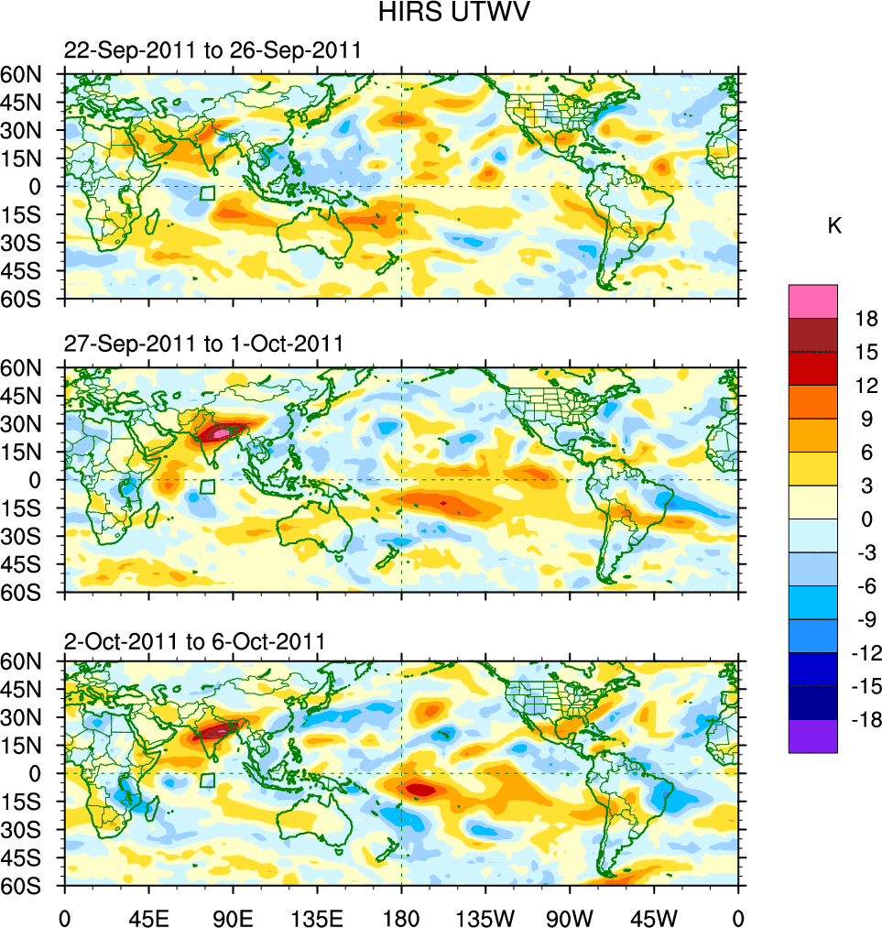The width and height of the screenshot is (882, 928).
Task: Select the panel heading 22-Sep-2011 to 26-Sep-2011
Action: click(x=212, y=51)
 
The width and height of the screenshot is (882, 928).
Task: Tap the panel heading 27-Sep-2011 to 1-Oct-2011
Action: click(x=203, y=344)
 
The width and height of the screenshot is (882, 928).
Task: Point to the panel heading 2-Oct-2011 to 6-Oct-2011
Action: click(x=194, y=641)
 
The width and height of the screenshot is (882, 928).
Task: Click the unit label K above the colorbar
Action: click(x=834, y=226)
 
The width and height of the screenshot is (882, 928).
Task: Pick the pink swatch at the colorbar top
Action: click(x=812, y=300)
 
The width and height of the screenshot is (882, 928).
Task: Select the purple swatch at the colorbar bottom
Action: click(x=812, y=736)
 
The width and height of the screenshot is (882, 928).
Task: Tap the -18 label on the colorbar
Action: click(x=863, y=720)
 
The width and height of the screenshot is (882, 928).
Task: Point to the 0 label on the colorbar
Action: click(x=861, y=519)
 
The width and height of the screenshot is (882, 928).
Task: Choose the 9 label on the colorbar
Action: click(x=861, y=419)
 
